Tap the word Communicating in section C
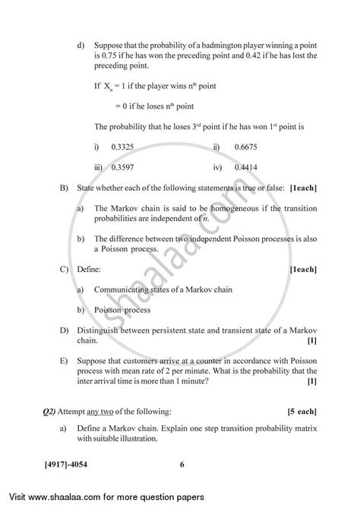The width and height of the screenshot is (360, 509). tap(125, 289)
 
